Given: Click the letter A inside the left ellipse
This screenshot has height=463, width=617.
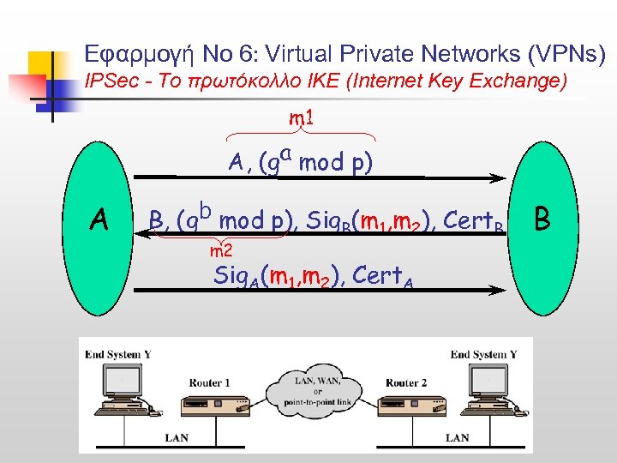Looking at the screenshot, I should (x=99, y=221).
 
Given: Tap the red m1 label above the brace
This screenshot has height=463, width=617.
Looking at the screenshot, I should (x=299, y=117).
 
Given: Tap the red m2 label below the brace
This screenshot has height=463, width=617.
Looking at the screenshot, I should (x=222, y=250).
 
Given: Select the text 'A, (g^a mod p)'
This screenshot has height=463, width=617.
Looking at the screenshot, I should (x=299, y=160).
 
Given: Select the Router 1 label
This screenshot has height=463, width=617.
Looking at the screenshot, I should (x=210, y=382).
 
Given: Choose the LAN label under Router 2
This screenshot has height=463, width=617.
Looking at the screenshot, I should (x=457, y=438).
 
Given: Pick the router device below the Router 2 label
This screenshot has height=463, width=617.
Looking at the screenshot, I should (x=403, y=408).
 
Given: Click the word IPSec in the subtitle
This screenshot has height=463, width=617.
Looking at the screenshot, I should (x=107, y=82).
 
